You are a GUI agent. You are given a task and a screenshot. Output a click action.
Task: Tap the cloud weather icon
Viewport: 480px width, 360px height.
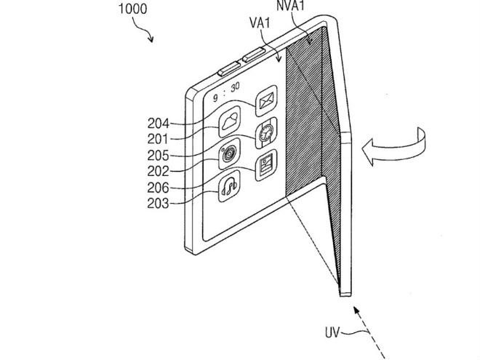tap(231, 119)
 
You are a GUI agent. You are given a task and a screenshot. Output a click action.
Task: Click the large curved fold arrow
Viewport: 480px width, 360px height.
tap(396, 145)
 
